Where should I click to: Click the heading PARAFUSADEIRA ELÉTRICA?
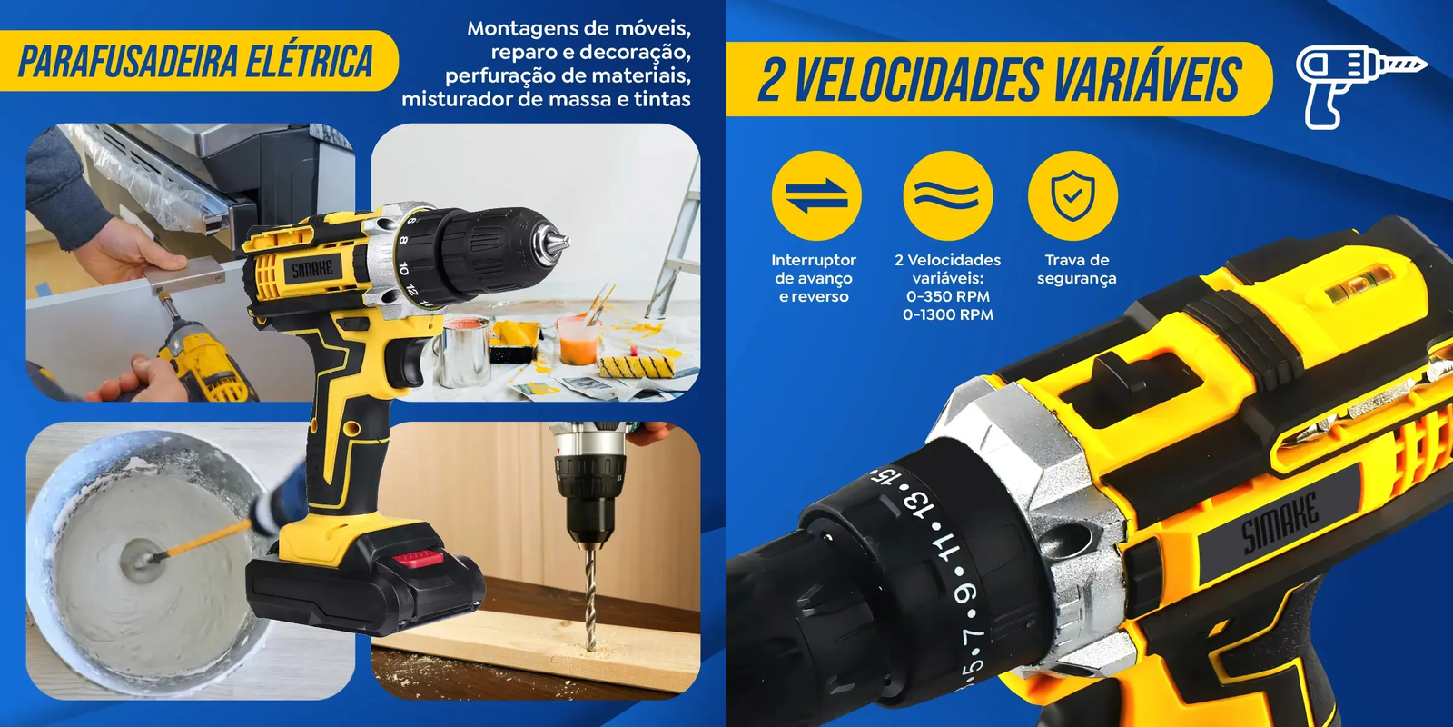[196, 61]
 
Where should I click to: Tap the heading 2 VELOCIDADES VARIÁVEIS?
[1000, 79]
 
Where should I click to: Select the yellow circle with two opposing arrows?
[816, 195]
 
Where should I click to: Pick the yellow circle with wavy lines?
[948, 195]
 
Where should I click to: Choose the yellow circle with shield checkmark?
[1072, 195]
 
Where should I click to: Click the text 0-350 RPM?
[948, 296]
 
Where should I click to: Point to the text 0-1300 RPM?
[948, 314]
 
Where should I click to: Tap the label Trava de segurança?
[1077, 269]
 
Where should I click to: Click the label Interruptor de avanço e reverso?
[814, 278]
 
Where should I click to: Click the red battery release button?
[419, 557]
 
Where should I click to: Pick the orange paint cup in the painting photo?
[578, 340]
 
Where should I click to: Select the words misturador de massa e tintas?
[546, 99]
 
